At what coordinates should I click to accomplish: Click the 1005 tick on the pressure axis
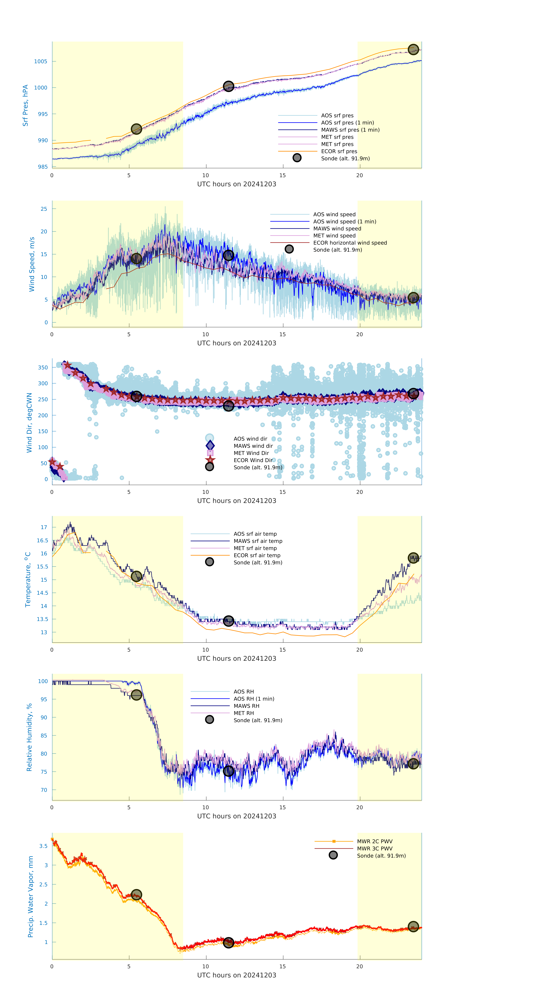(x=41, y=61)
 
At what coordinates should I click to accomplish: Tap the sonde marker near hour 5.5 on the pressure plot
(x=136, y=129)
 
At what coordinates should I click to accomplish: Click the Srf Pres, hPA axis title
(x=25, y=105)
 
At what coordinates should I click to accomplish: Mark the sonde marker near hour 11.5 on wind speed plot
(x=228, y=255)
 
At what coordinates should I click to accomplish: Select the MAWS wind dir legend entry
(x=253, y=446)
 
